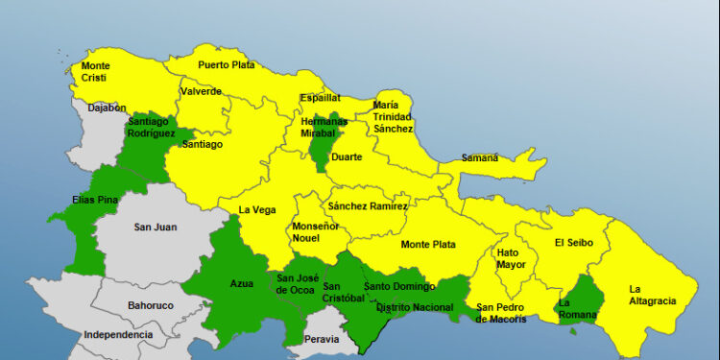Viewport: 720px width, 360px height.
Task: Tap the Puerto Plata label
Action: [227, 64]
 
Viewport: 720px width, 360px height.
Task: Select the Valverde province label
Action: [201, 91]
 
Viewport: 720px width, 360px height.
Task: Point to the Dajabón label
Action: [107, 108]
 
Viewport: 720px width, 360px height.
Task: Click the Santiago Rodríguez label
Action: [155, 128]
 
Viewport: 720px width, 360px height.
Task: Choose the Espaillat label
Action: [320, 98]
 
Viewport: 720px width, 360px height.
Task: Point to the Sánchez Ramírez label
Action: [368, 206]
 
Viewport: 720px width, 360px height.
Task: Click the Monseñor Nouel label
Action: [315, 232]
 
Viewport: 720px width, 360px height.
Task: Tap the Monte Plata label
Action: [428, 245]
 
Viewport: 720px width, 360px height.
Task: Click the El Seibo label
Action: [574, 243]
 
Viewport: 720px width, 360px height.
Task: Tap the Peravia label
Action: [321, 340]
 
